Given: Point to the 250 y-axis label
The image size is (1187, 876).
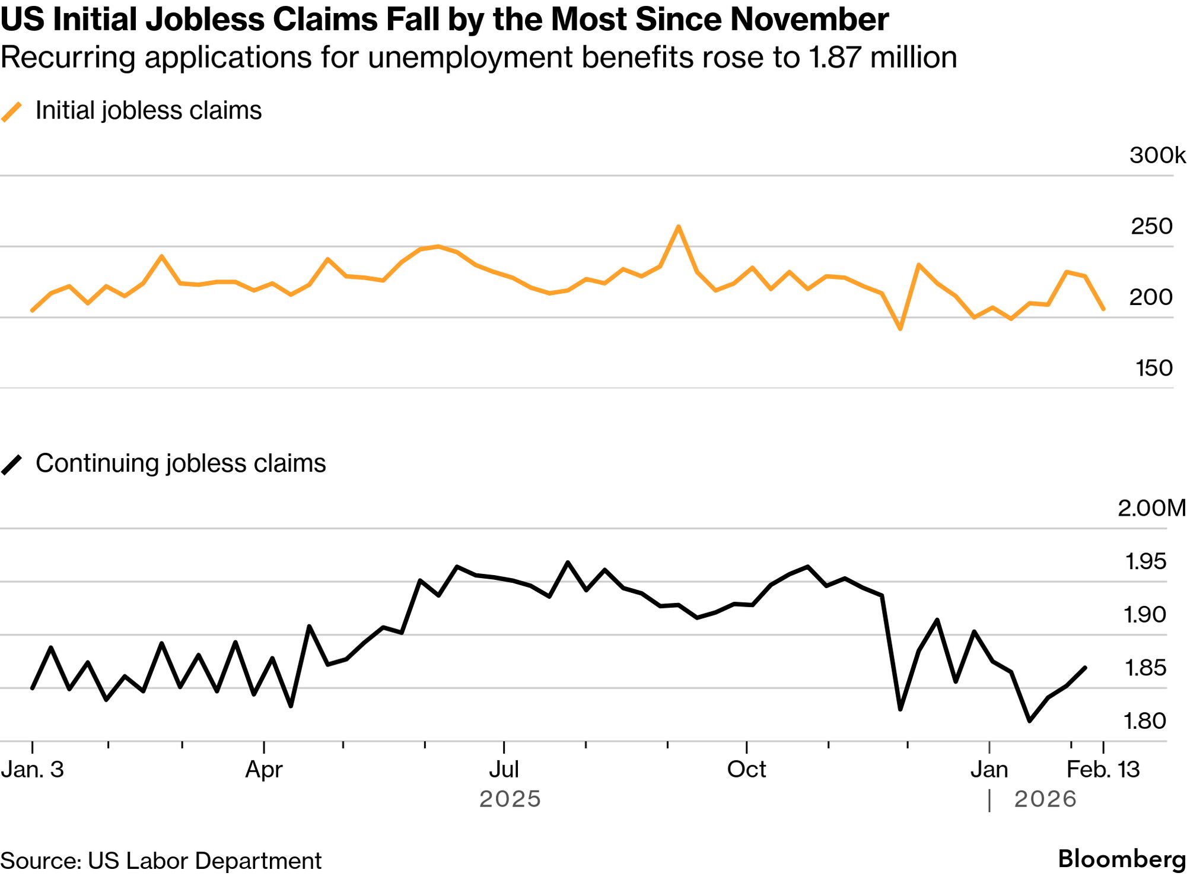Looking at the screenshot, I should (x=1151, y=226).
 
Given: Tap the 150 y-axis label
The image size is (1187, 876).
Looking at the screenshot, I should (x=1154, y=368).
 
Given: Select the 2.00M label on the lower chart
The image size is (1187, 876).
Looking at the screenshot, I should (x=1151, y=508).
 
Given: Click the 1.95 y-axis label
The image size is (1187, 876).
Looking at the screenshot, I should (x=1145, y=561).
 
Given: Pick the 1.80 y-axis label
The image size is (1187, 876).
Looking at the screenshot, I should (x=1145, y=721).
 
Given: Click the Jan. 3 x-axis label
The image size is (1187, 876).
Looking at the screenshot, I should (x=32, y=770).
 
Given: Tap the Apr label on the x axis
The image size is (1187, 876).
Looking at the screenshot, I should (x=264, y=770).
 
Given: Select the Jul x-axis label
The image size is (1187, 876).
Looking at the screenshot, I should (x=504, y=770).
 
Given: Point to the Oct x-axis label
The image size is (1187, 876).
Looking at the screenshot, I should (x=746, y=770).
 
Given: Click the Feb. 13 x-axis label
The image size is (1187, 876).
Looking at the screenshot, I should (x=1103, y=770).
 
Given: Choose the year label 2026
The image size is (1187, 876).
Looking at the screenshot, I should (x=1045, y=799).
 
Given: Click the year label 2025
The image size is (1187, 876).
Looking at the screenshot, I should (x=510, y=799).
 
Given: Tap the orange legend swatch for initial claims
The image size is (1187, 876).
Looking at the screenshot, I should (x=12, y=112).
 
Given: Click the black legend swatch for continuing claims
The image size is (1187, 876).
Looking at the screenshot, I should (x=12, y=464).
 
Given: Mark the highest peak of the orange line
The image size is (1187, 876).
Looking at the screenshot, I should (x=679, y=227).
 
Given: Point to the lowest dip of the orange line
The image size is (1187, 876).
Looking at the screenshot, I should (x=900, y=328).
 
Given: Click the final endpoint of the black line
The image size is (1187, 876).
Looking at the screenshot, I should (x=1085, y=668).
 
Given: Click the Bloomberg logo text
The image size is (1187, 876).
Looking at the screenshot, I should (x=1121, y=859).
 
